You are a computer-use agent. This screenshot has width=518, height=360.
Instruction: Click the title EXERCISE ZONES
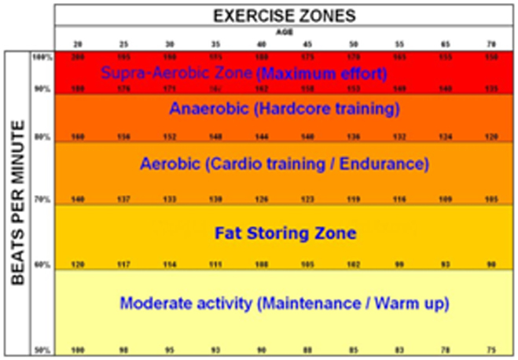285,14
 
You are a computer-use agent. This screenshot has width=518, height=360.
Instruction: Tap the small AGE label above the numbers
285,33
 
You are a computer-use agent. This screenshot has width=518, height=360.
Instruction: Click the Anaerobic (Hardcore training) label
284,109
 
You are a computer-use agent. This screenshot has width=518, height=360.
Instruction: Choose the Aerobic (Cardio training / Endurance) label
284,164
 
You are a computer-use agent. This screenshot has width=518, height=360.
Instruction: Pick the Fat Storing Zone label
285,233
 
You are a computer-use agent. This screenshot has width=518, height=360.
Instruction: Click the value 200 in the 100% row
79,57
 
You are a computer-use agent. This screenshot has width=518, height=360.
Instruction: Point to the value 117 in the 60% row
124,264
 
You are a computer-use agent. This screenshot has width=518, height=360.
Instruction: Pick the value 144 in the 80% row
263,136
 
